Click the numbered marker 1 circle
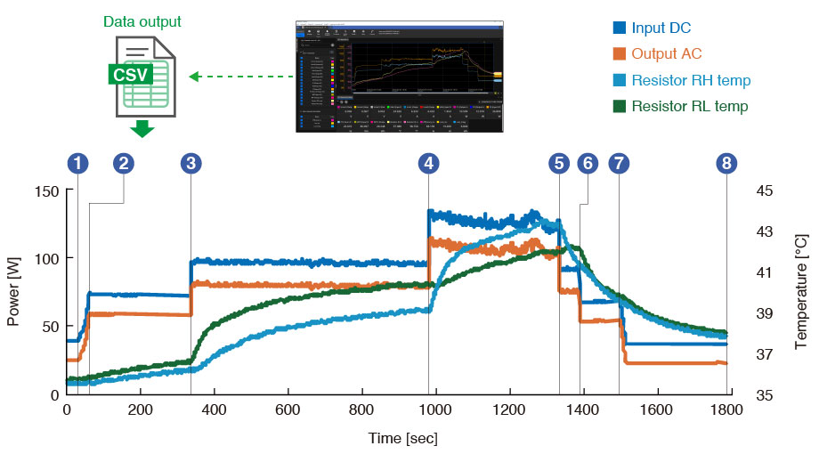(x=79, y=163)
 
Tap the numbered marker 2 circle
(x=124, y=163)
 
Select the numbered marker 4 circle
(x=430, y=163)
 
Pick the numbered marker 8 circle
(x=727, y=163)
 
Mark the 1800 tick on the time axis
(x=727, y=410)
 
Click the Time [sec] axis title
(x=403, y=438)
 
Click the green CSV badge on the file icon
(x=131, y=73)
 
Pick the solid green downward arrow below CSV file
(x=142, y=130)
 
